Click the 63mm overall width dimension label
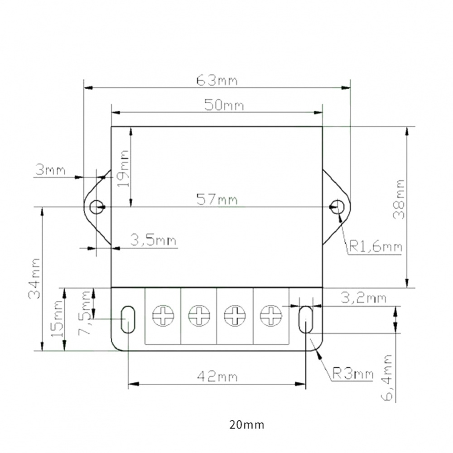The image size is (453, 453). click(x=217, y=81)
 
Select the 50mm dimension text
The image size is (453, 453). click(x=224, y=105)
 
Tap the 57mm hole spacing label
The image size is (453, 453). click(x=217, y=200)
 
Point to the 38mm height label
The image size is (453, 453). click(x=399, y=199)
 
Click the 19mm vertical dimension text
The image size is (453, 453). click(x=124, y=169)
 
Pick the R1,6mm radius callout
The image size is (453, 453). click(x=376, y=247)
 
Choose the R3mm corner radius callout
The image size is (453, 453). click(x=353, y=374)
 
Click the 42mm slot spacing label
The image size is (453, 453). click(x=217, y=376)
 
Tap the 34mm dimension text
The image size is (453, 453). click(x=34, y=279)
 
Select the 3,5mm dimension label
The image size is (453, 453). click(x=153, y=240)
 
